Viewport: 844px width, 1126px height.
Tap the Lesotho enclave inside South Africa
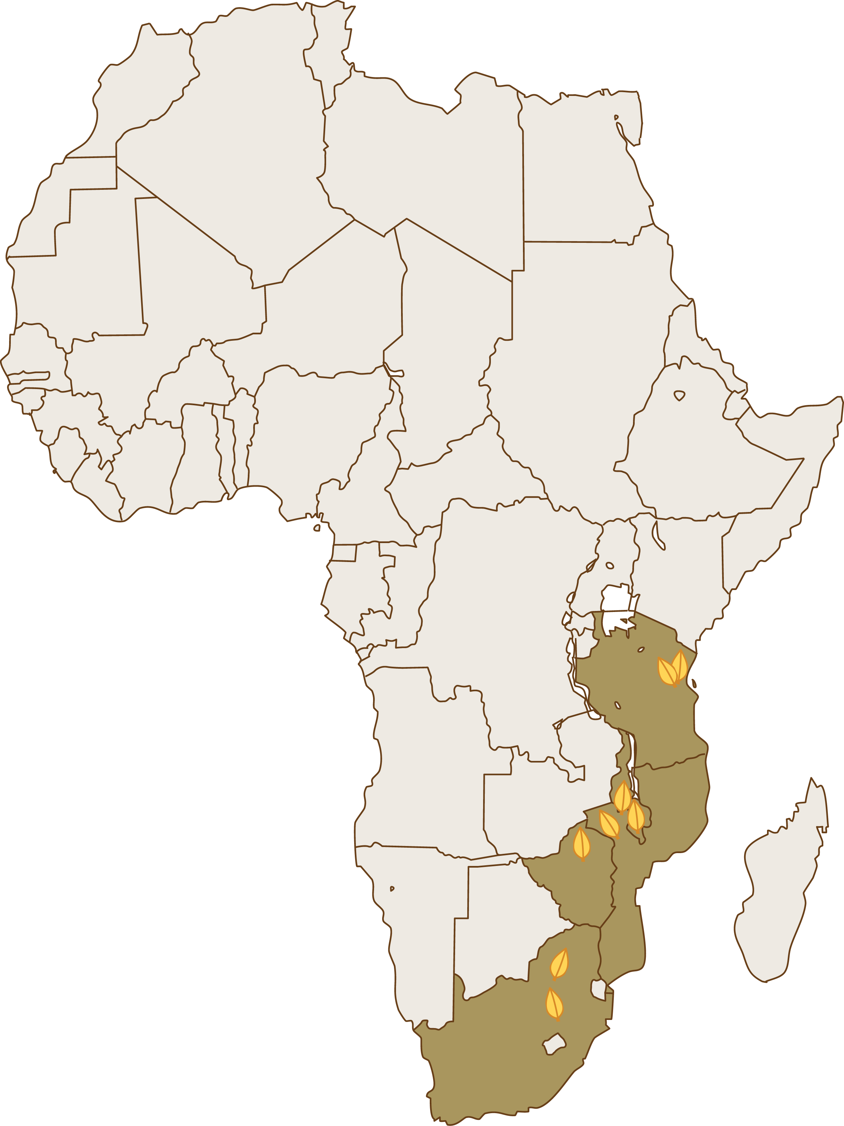point(554,1044)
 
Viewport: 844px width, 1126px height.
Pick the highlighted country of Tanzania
point(646,713)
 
